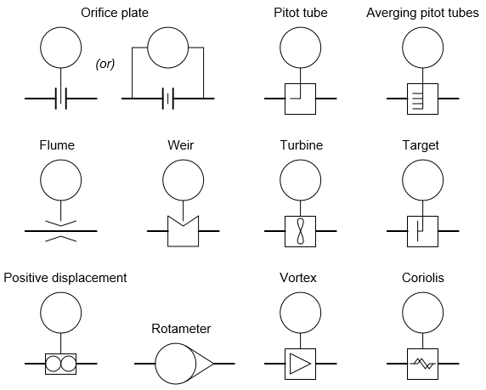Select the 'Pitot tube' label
pyautogui.click(x=300, y=13)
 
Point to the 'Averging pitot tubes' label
pyautogui.click(x=421, y=13)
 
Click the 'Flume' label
pyautogui.click(x=57, y=145)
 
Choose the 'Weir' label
pyautogui.click(x=182, y=145)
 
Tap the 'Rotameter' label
pyautogui.click(x=181, y=329)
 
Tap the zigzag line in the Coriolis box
pyautogui.click(x=422, y=364)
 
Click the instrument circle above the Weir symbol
pyautogui.click(x=182, y=179)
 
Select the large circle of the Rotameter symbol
pyautogui.click(x=176, y=364)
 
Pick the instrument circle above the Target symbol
pyautogui.click(x=422, y=179)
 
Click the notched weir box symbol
pyautogui.click(x=182, y=231)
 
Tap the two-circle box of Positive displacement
pyautogui.click(x=59, y=364)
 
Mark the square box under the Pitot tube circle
pyautogui.click(x=300, y=99)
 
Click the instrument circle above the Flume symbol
pyautogui.click(x=59, y=179)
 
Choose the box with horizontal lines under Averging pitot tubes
pyautogui.click(x=422, y=99)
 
